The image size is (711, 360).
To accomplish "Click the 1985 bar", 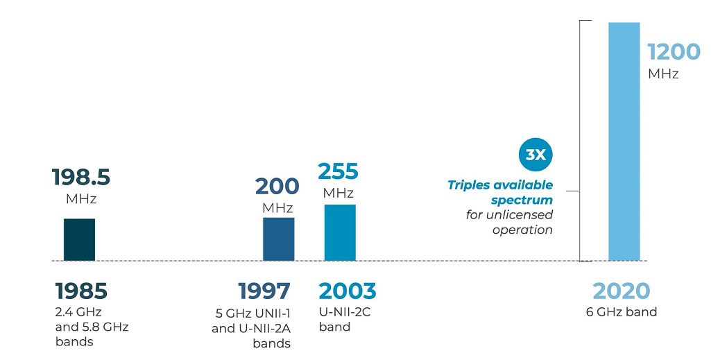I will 79,239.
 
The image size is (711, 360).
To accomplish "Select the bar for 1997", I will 278,239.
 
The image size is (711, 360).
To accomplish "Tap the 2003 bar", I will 340,232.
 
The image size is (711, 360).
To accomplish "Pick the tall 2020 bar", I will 624,142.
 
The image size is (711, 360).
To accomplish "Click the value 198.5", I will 81,178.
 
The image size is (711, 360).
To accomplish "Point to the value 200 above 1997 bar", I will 277,186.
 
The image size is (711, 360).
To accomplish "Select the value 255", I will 338,171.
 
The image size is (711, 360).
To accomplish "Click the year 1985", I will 81,291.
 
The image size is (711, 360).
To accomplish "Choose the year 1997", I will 264,291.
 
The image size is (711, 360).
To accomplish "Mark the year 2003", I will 348,291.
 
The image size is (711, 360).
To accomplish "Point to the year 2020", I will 622,291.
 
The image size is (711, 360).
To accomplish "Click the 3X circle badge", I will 536,155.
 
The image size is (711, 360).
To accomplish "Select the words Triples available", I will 500,185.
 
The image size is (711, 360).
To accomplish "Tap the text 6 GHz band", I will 622,312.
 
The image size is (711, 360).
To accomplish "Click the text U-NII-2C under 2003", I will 345,311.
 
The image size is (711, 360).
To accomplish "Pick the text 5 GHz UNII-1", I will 252,313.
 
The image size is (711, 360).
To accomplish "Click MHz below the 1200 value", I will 663,74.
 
